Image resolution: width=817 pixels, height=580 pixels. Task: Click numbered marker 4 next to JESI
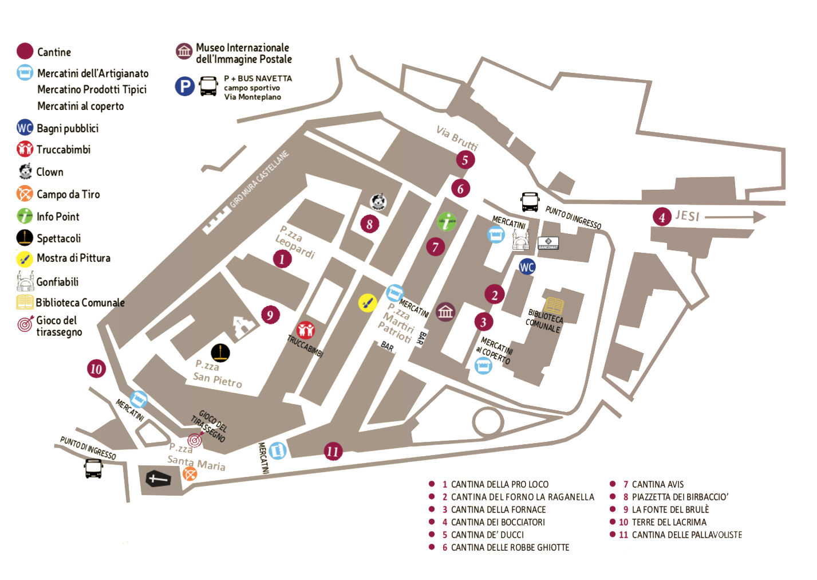pos(662,217)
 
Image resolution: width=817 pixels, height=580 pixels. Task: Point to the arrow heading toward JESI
pos(736,217)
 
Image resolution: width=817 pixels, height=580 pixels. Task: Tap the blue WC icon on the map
pos(527,267)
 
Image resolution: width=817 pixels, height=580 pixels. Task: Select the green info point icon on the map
pos(447,221)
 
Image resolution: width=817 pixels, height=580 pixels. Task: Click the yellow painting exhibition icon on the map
pos(368,303)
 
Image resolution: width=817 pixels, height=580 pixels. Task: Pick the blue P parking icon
pos(184,87)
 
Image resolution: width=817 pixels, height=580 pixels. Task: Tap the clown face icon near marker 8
pos(378,202)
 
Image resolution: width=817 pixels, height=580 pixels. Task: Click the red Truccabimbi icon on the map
pos(306,330)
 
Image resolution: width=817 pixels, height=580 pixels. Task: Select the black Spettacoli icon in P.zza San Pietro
pos(220,353)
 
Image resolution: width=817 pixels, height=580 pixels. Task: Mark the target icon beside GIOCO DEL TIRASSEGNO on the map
pos(195,440)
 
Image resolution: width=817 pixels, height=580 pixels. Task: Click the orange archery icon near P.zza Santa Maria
pos(190,473)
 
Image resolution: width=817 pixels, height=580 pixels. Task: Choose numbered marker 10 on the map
pos(96,369)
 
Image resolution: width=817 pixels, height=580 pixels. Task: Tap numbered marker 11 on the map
pos(333,451)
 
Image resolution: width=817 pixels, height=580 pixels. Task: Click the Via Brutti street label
pos(456,137)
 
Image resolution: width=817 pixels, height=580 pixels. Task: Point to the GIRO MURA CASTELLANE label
pos(259,179)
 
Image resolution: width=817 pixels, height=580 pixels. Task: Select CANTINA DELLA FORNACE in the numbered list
pos(498,510)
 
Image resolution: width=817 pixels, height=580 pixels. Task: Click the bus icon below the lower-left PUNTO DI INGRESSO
pos(93,468)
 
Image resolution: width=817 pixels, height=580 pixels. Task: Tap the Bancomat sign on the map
pos(548,243)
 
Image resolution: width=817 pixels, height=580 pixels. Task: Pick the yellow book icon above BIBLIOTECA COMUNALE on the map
pos(554,305)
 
